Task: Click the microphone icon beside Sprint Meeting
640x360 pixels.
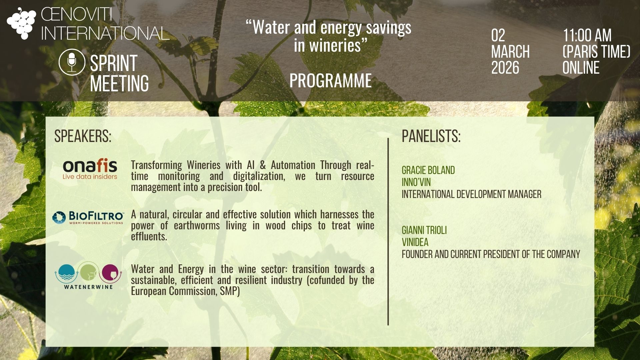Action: click(x=72, y=62)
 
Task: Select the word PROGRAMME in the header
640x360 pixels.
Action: click(x=330, y=81)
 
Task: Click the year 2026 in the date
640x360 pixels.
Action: click(x=505, y=67)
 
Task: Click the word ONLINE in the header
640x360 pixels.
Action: click(x=581, y=67)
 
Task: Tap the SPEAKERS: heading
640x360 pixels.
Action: click(x=83, y=136)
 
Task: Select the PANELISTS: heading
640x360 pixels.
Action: click(x=431, y=136)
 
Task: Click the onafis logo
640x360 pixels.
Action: click(x=90, y=169)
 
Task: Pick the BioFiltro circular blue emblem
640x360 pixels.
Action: click(x=59, y=218)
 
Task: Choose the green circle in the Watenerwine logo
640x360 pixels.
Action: click(x=88, y=272)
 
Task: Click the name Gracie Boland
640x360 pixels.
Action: click(x=428, y=170)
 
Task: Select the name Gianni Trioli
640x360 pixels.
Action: click(x=424, y=230)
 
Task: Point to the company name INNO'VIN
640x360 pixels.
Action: click(x=416, y=182)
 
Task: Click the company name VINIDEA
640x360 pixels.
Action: click(x=415, y=242)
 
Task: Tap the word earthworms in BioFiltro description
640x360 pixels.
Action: click(x=197, y=226)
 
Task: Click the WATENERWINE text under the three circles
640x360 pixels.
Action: click(x=88, y=287)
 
